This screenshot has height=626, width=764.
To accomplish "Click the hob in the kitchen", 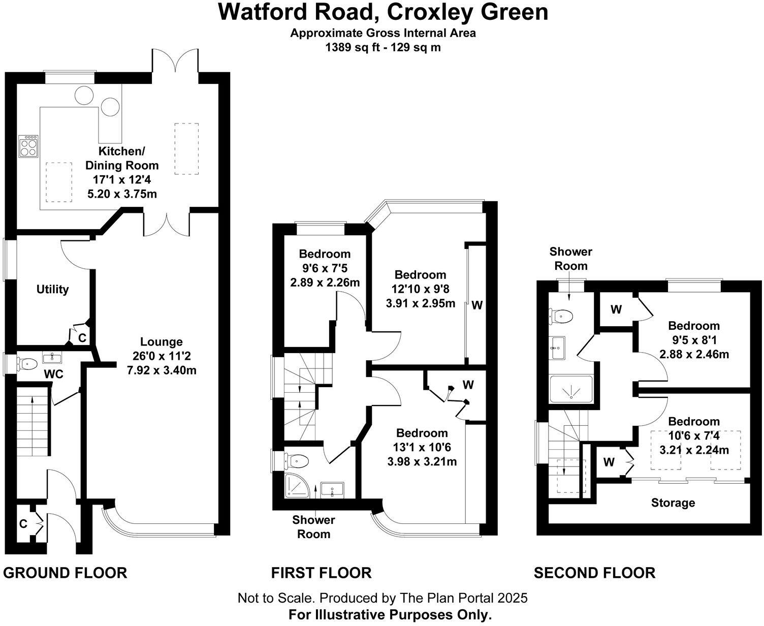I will click(x=28, y=146).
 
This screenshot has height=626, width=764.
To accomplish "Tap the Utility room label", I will click(x=52, y=289).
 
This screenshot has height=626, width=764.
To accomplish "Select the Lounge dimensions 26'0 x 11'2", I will click(x=162, y=356).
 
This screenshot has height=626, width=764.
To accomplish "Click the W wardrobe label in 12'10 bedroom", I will click(x=477, y=305).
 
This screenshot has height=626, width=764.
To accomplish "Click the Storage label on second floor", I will click(x=673, y=503).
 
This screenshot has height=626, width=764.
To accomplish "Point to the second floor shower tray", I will click(x=571, y=389).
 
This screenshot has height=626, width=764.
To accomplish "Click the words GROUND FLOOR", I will click(x=65, y=573).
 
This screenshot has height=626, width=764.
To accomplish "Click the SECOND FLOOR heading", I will click(x=594, y=573).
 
